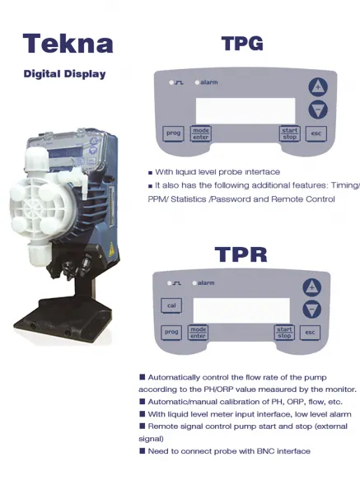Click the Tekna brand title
[x=68, y=43]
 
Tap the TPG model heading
[x=242, y=43]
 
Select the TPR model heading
[x=241, y=254]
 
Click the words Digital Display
[x=64, y=74]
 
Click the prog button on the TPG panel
[x=173, y=133]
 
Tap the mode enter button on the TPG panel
[x=201, y=133]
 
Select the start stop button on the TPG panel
[x=289, y=133]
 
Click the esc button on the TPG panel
[x=316, y=133]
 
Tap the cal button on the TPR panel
[x=171, y=305]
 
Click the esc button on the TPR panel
[x=310, y=333]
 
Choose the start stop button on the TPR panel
[x=284, y=333]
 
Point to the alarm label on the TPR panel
[x=206, y=283]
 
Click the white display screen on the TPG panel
[x=245, y=110]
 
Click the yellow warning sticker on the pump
[x=111, y=249]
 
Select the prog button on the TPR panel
[x=171, y=332]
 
